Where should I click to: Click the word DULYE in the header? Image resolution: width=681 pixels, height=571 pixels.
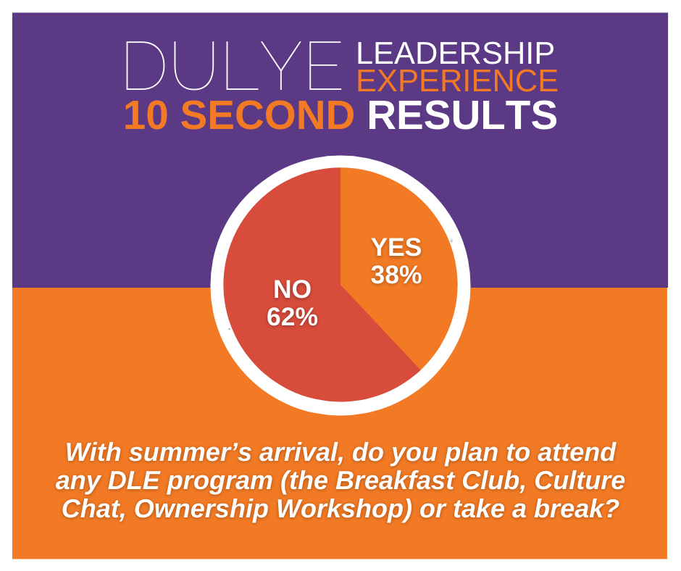click(234, 66)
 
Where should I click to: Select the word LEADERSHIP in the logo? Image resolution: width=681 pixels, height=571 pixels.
click(455, 53)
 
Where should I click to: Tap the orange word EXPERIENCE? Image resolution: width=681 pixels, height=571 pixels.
click(457, 80)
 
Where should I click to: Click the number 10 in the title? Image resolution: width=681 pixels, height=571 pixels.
click(146, 115)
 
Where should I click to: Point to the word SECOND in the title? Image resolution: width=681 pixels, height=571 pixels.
click(267, 115)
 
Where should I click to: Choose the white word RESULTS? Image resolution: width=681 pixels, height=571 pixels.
click(462, 115)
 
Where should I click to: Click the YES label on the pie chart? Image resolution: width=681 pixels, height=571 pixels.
click(396, 247)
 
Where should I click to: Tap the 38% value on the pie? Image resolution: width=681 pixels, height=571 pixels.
click(396, 275)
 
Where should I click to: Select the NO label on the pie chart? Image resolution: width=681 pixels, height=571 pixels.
click(292, 289)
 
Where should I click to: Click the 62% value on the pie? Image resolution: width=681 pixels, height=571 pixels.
click(292, 317)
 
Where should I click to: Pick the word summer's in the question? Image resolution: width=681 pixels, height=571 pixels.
click(191, 452)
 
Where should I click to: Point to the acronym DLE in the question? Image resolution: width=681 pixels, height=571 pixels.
click(133, 480)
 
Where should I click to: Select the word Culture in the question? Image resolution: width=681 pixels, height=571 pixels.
click(580, 480)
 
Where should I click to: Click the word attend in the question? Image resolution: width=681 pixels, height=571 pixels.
click(577, 452)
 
